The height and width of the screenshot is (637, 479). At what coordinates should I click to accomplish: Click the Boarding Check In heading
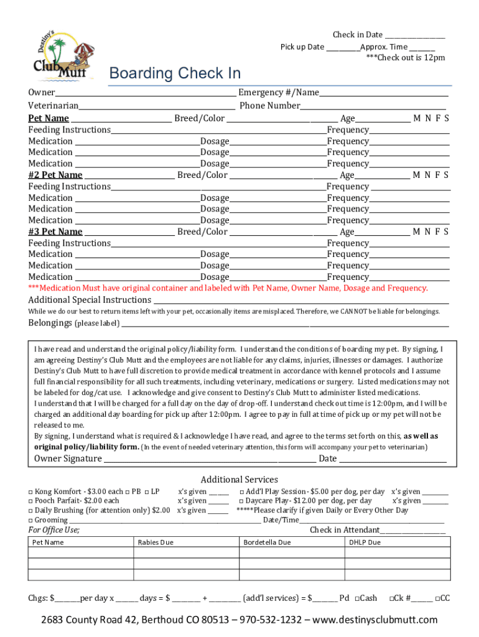[175, 73]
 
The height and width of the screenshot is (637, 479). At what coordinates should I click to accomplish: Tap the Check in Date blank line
[414, 36]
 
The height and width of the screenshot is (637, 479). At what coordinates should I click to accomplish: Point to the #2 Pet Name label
[55, 175]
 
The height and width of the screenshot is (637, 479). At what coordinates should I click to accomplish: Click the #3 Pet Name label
[55, 232]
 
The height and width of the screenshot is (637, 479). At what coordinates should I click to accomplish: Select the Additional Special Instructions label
[89, 300]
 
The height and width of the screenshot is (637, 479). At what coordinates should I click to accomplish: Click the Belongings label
[50, 323]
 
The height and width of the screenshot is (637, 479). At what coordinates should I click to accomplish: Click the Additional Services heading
[239, 480]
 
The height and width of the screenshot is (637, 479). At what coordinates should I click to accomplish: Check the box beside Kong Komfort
[30, 491]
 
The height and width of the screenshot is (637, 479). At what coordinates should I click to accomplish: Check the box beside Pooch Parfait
[30, 501]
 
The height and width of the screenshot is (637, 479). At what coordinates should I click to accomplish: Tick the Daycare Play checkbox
[241, 501]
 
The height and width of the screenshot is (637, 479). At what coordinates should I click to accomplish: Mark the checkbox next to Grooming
[30, 520]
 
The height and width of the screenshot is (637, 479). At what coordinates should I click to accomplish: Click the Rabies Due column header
[156, 542]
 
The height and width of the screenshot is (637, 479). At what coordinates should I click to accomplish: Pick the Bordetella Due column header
[267, 542]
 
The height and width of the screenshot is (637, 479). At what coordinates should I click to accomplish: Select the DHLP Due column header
[365, 542]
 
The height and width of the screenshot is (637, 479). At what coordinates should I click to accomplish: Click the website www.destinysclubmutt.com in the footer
[375, 620]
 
